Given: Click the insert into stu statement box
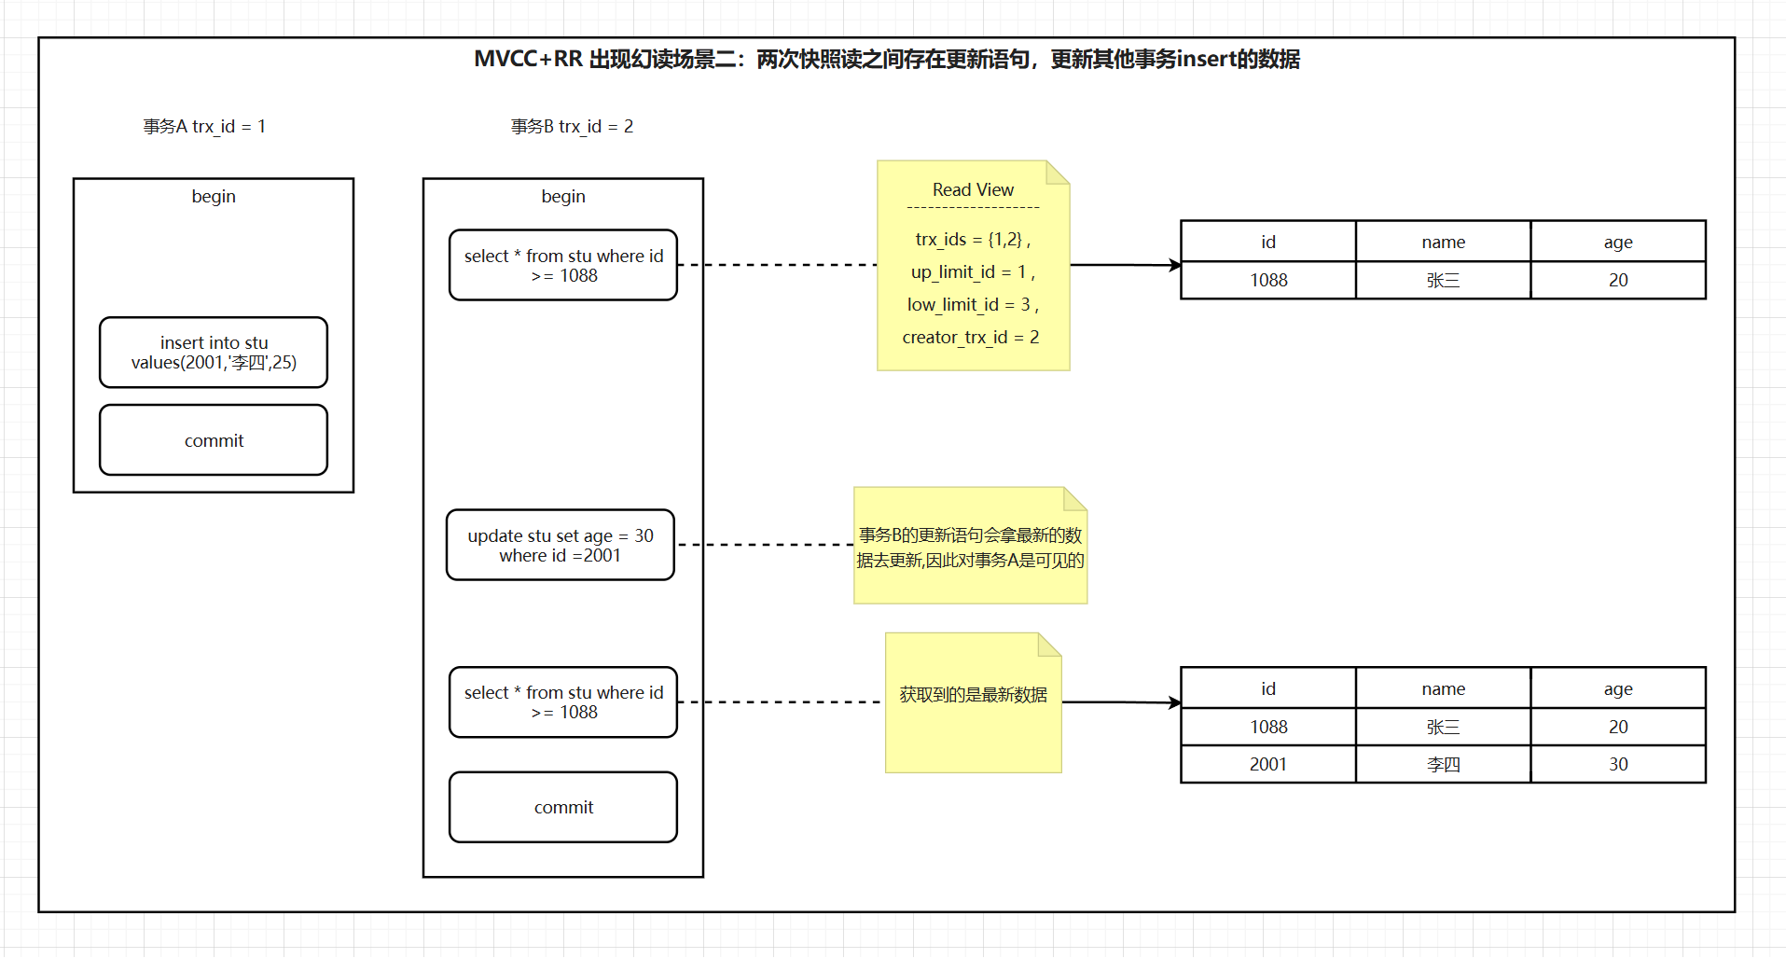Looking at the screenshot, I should (x=214, y=353).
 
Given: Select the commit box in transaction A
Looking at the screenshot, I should (x=214, y=440).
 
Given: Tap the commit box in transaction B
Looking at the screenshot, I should (x=563, y=807).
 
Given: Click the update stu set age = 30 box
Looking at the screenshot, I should (x=561, y=545).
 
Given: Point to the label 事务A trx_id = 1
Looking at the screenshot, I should (x=204, y=126).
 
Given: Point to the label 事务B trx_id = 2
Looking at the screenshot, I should (x=572, y=126).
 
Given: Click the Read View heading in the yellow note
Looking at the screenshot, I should (x=973, y=189).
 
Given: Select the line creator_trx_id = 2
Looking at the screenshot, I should (x=971, y=337).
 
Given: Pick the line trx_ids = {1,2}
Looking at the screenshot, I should (x=972, y=239).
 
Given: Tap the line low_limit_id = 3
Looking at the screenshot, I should (x=972, y=304).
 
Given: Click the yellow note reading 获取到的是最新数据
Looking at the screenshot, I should (x=973, y=695).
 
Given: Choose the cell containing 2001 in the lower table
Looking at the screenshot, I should (x=1267, y=764).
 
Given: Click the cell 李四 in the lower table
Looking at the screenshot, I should (x=1443, y=764).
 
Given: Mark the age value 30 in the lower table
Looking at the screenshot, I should (x=1618, y=764).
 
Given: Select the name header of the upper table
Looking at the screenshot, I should (x=1443, y=242).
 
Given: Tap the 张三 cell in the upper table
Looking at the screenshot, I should (x=1443, y=280).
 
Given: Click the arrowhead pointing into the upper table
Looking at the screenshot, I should (x=1175, y=266).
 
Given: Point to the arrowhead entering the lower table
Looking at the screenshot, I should (x=1175, y=702).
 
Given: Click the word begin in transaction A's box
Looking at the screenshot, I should (x=214, y=196).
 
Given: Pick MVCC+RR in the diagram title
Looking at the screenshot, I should (x=528, y=59).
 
